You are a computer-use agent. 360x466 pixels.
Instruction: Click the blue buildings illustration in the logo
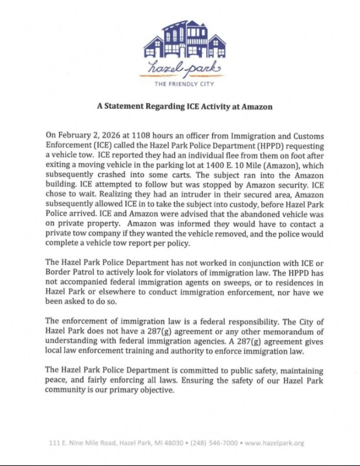coord(184,39)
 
